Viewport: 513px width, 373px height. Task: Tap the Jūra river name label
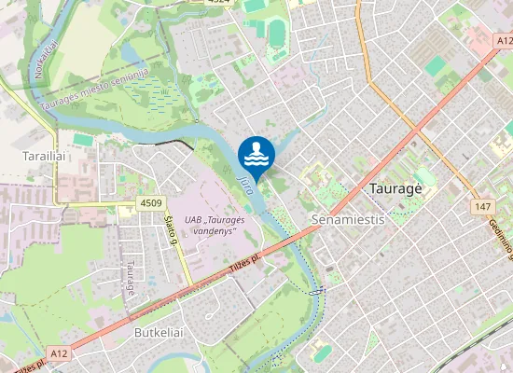click(245, 176)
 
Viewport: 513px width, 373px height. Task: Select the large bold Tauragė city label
click(396, 187)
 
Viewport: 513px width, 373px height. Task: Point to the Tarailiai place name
click(43, 158)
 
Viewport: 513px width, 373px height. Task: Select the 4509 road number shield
click(150, 203)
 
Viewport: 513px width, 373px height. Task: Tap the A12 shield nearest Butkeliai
click(60, 353)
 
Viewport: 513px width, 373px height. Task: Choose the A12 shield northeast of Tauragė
click(503, 41)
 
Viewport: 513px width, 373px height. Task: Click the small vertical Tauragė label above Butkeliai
click(130, 277)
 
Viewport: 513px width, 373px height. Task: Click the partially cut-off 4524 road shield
click(218, 3)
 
